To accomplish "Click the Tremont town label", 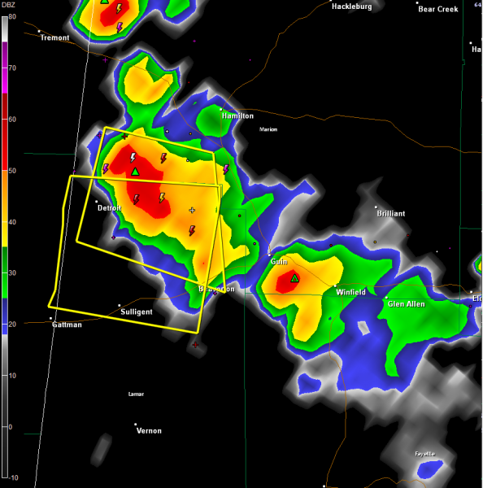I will click(56, 38).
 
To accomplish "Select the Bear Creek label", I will click(437, 9).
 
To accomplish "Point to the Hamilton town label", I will click(237, 116).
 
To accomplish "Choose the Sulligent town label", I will click(136, 312).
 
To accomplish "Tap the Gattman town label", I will click(67, 325).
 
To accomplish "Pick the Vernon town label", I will click(149, 430).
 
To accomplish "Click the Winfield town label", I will click(350, 292).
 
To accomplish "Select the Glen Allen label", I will click(406, 303).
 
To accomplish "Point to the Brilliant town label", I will click(390, 213).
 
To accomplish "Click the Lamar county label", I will click(136, 394).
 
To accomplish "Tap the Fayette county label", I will click(424, 453).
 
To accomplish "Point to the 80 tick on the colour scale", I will click(11, 17).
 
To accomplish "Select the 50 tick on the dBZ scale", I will click(11, 171).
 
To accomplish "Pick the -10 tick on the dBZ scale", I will click(11, 477).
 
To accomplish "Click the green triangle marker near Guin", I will click(295, 278).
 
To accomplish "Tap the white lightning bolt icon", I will click(133, 157).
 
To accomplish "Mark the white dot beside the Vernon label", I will click(135, 425).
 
